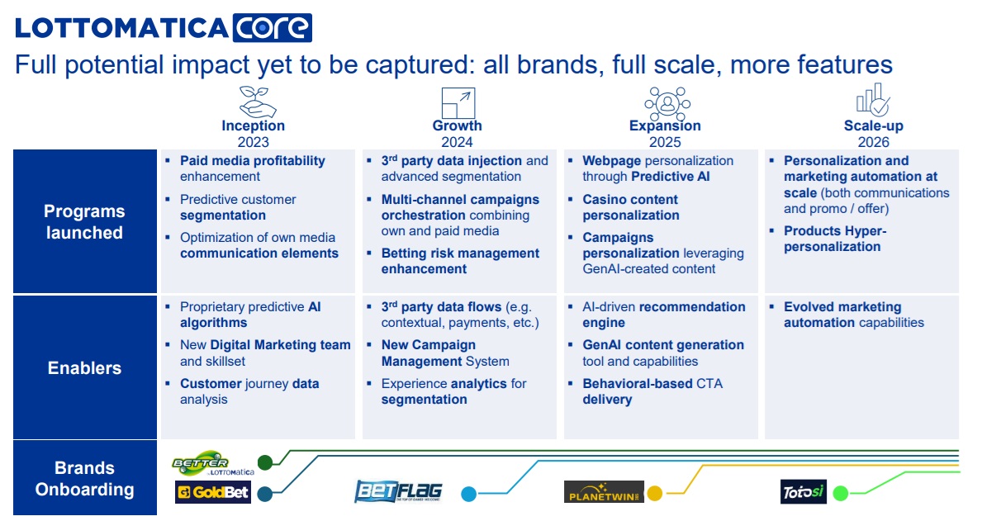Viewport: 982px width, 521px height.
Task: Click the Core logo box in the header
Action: [273, 28]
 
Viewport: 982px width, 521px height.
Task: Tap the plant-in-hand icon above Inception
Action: [258, 102]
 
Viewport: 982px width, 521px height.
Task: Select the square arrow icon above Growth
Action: [458, 102]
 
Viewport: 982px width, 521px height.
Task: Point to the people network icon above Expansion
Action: [667, 103]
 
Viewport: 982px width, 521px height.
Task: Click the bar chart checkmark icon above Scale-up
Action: [872, 100]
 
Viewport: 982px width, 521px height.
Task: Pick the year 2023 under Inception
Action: [253, 142]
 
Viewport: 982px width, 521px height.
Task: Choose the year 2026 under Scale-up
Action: [874, 142]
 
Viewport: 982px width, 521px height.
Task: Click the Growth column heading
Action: [458, 126]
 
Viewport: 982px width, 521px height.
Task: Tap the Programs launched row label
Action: [84, 221]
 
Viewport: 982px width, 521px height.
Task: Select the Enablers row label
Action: [84, 367]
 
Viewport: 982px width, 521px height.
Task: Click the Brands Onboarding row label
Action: [84, 478]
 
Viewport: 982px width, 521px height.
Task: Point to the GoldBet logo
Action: [213, 492]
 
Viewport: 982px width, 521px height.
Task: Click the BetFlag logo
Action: [398, 491]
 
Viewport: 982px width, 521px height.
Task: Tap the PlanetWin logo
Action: [604, 491]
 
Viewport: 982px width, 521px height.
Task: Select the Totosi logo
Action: [804, 491]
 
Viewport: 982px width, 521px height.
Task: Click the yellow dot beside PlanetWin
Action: [654, 494]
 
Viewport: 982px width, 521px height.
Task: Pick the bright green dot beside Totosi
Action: [841, 493]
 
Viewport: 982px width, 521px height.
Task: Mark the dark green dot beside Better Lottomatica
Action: [265, 462]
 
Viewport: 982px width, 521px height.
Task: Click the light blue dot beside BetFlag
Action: [468, 494]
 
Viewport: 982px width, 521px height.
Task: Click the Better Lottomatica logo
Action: [213, 464]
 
